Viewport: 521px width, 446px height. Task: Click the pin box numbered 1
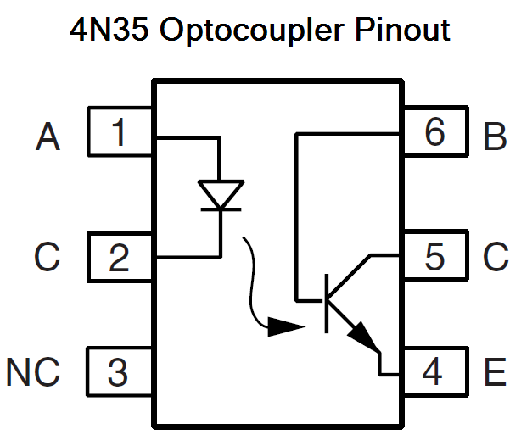click(120, 133)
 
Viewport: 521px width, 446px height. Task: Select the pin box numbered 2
click(120, 257)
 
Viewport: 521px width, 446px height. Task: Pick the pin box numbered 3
click(120, 372)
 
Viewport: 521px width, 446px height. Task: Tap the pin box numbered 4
click(434, 372)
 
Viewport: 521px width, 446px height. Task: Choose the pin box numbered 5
click(434, 257)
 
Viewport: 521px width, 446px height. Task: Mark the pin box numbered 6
click(434, 133)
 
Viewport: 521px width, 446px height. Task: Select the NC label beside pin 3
click(34, 372)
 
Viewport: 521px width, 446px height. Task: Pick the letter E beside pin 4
click(495, 372)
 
